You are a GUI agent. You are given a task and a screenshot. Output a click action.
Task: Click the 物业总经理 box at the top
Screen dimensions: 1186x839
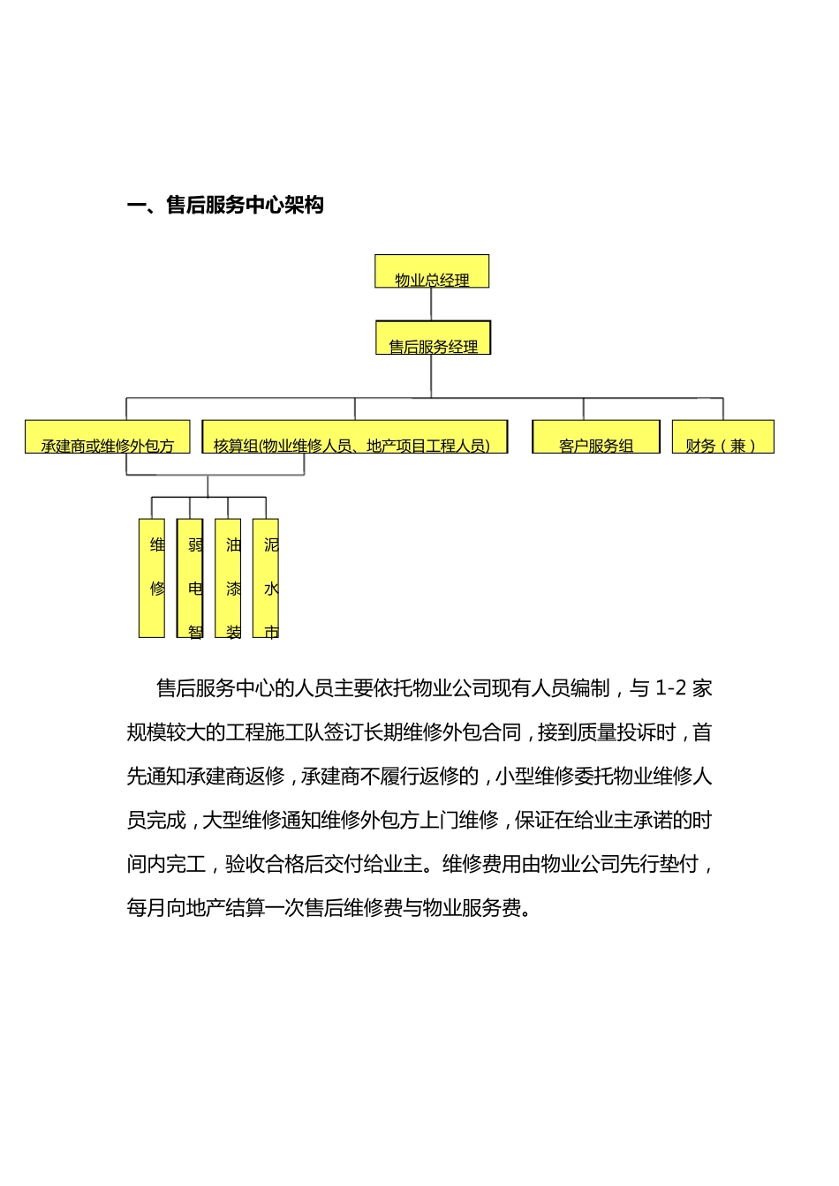432,272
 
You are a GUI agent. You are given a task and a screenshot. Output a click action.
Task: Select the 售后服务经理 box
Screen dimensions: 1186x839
433,338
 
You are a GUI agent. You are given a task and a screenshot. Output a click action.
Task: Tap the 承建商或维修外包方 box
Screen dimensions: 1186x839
108,438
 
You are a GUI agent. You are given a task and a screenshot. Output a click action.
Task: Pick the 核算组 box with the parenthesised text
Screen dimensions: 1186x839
354,438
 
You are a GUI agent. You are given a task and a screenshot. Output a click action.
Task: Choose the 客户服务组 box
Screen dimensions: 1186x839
596,438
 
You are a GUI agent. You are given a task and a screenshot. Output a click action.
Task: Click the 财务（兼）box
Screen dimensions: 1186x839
722,438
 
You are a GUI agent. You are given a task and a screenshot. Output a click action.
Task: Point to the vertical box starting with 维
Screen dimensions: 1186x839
152,578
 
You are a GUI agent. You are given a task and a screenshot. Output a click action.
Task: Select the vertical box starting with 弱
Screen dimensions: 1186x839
190,578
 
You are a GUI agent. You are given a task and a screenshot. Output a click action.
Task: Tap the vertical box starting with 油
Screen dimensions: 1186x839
228,578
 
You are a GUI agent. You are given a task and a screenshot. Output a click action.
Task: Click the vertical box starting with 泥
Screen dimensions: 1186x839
266,578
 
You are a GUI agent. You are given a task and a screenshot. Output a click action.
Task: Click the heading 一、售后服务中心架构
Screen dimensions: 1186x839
226,206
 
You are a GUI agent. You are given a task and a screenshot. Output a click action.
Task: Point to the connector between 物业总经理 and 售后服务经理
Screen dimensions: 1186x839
431,304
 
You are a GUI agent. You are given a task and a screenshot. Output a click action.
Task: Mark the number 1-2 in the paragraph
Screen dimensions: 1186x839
671,688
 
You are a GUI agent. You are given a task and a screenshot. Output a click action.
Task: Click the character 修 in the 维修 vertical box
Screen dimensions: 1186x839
157,589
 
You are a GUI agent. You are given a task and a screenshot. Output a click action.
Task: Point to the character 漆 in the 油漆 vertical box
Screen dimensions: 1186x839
233,589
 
